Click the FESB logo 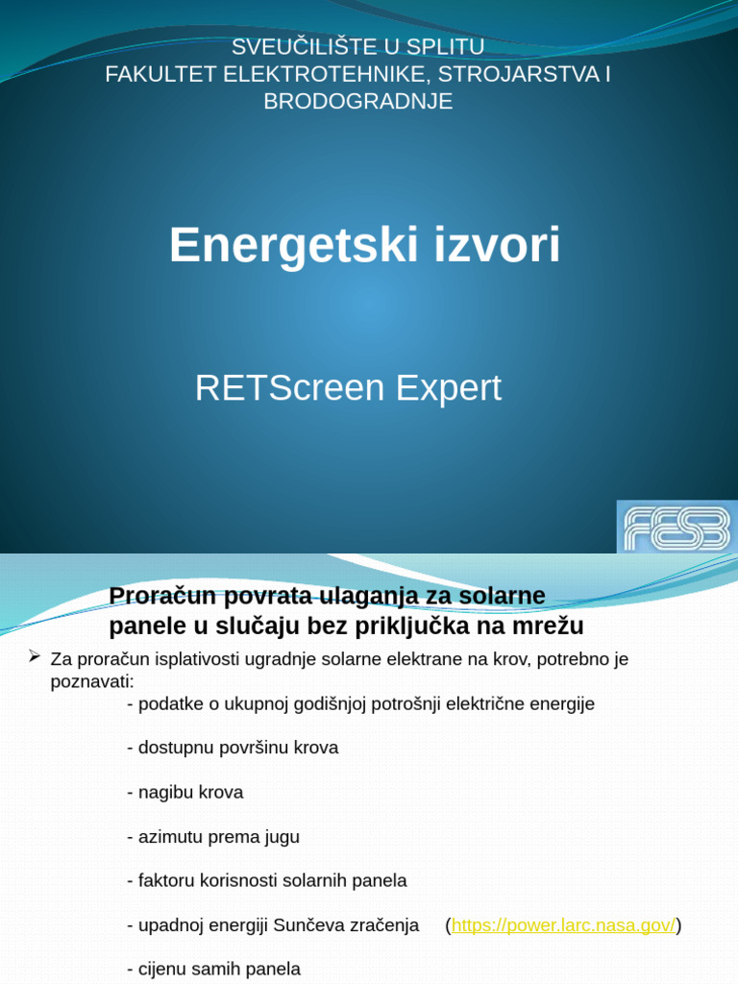pyautogui.click(x=676, y=527)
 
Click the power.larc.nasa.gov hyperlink pyautogui.click(x=563, y=925)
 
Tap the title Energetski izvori pyautogui.click(x=364, y=245)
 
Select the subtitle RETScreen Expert pyautogui.click(x=348, y=388)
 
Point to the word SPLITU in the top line pyautogui.click(x=445, y=46)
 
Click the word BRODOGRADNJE pyautogui.click(x=358, y=101)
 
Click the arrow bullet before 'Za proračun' pyautogui.click(x=35, y=657)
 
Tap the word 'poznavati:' pyautogui.click(x=92, y=681)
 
